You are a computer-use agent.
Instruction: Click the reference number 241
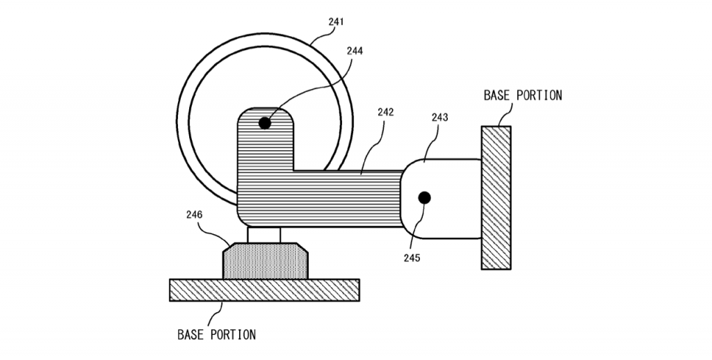tap(336, 22)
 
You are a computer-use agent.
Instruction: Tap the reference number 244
tap(355, 51)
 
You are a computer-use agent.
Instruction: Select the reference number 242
tap(385, 112)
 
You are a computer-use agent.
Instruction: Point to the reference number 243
tap(439, 117)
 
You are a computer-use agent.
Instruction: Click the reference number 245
tap(412, 258)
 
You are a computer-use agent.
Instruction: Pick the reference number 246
tap(195, 214)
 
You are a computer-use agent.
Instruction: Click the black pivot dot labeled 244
tap(265, 123)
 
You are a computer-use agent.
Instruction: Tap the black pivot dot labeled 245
tap(424, 198)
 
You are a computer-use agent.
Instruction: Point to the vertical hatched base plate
tap(496, 198)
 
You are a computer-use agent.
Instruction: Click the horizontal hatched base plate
tap(264, 290)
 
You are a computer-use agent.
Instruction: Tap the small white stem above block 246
tap(264, 235)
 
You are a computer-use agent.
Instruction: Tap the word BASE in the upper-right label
tap(494, 95)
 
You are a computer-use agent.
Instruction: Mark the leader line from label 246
tap(213, 234)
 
